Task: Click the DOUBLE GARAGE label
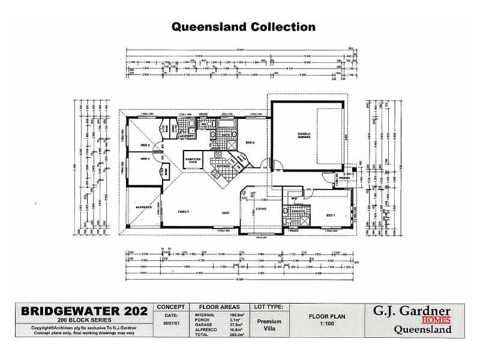(x=304, y=136)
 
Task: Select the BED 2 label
(x=145, y=145)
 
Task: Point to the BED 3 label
(x=145, y=158)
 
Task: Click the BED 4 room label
(x=250, y=142)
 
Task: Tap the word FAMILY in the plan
(x=183, y=212)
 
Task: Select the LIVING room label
(x=262, y=209)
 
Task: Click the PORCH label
(x=344, y=178)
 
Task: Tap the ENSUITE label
(x=298, y=211)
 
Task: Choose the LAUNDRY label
(x=187, y=136)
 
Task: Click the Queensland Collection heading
(x=243, y=27)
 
